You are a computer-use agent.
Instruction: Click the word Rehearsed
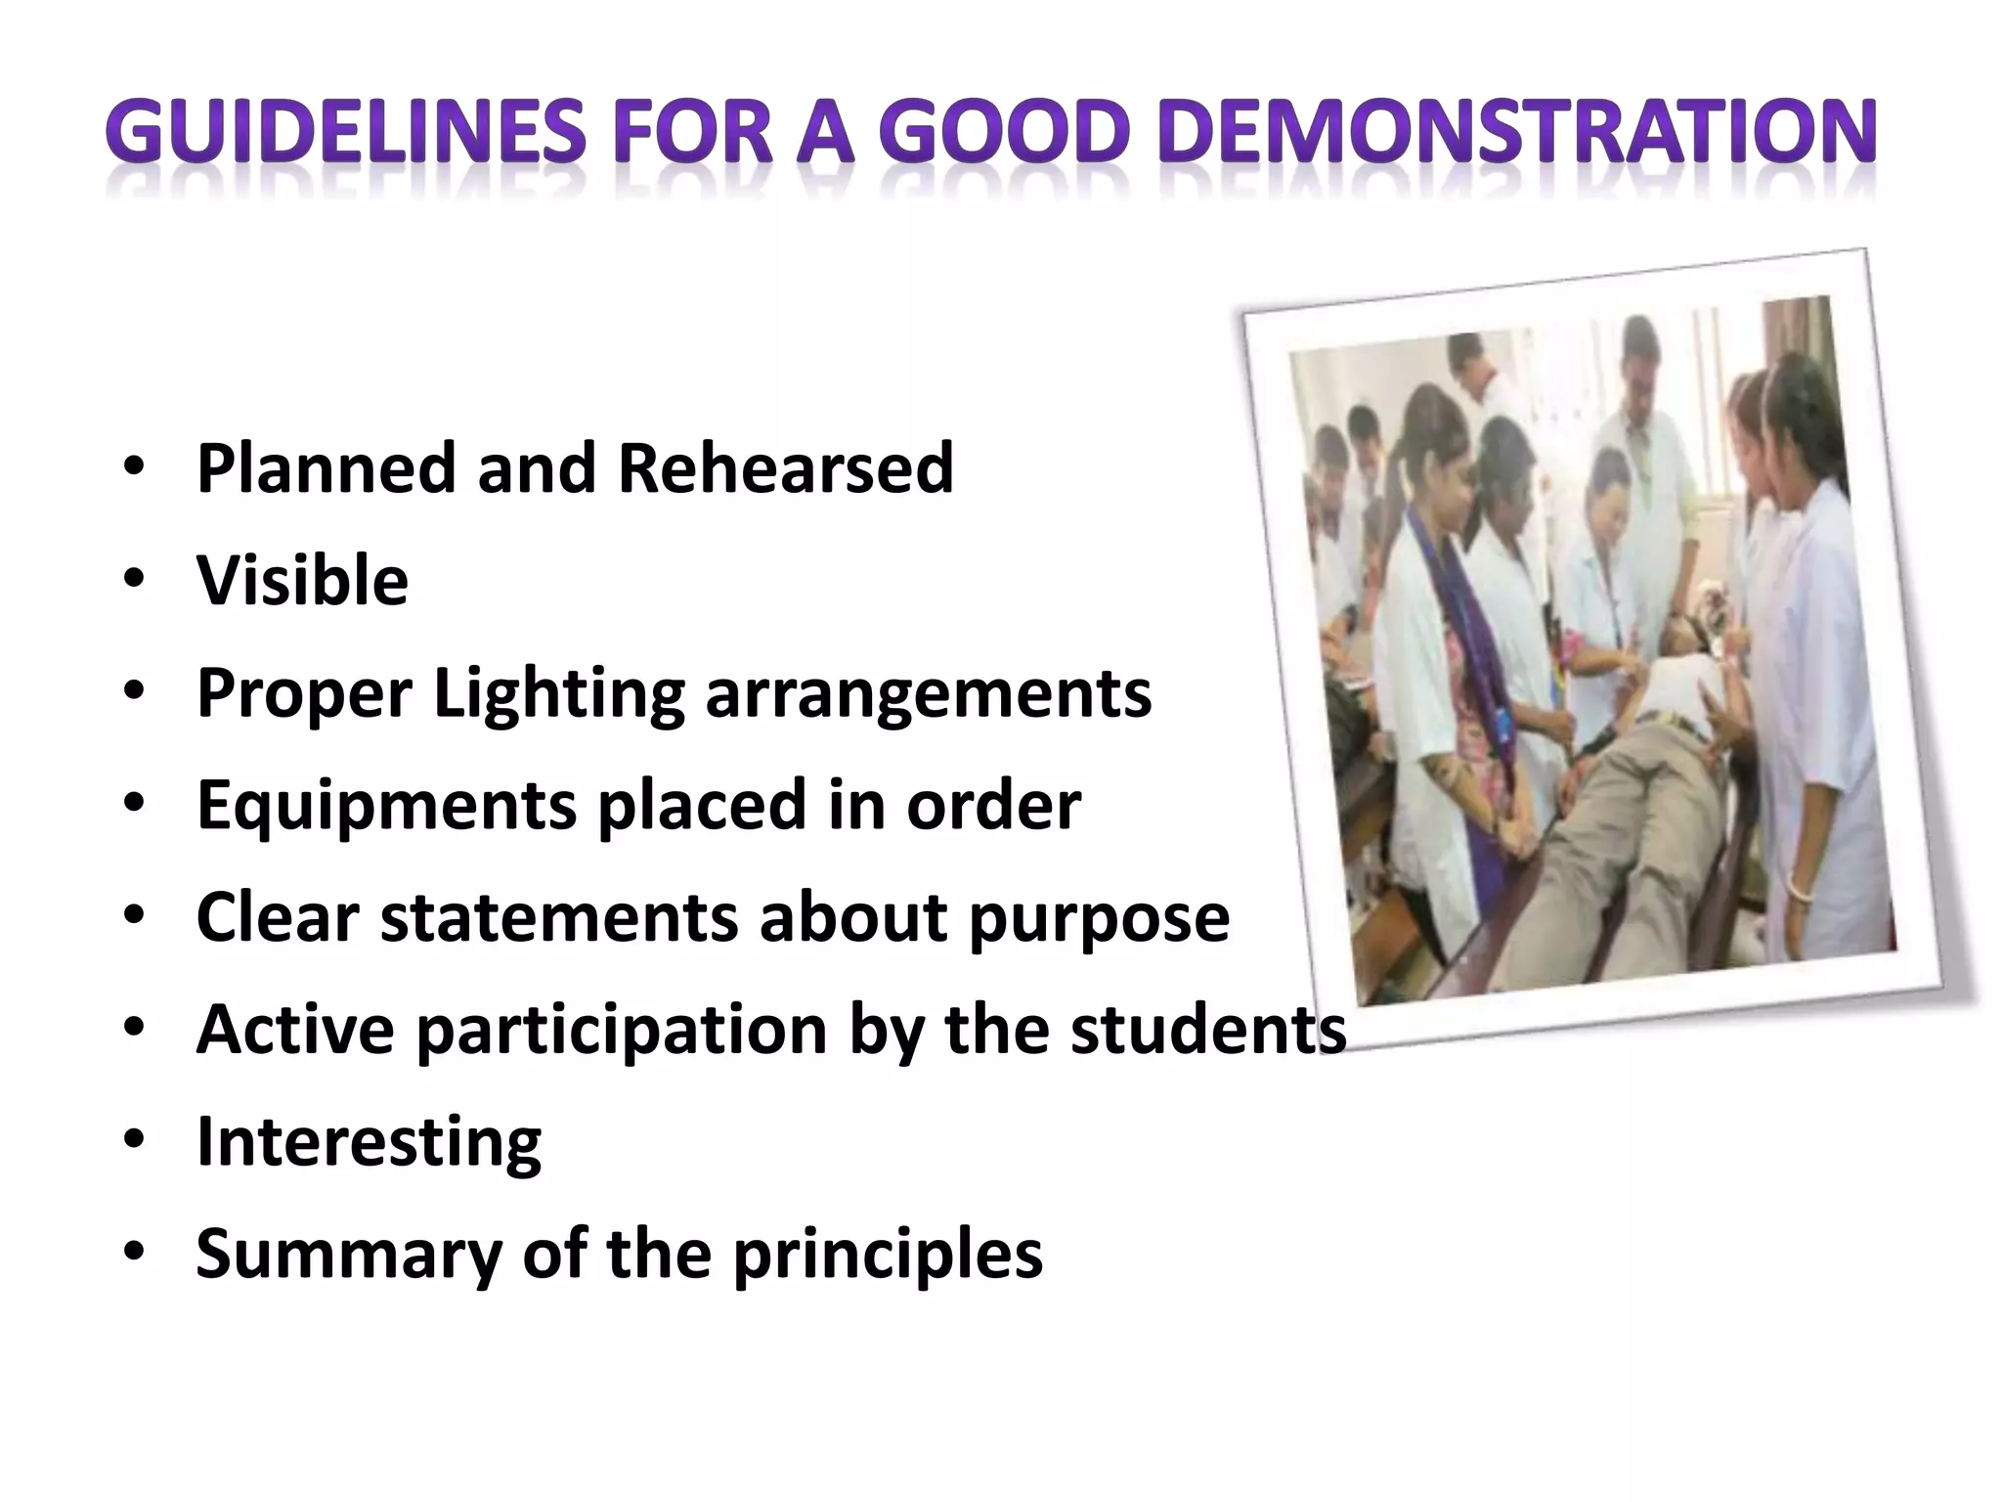click(x=785, y=468)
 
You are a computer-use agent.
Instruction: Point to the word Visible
click(x=302, y=581)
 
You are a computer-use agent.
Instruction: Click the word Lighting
click(x=558, y=694)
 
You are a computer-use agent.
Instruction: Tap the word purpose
click(x=1099, y=918)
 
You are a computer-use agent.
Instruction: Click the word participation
click(x=622, y=1031)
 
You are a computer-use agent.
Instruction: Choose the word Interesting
click(x=369, y=1142)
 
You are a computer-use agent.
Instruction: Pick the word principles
click(x=888, y=1255)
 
